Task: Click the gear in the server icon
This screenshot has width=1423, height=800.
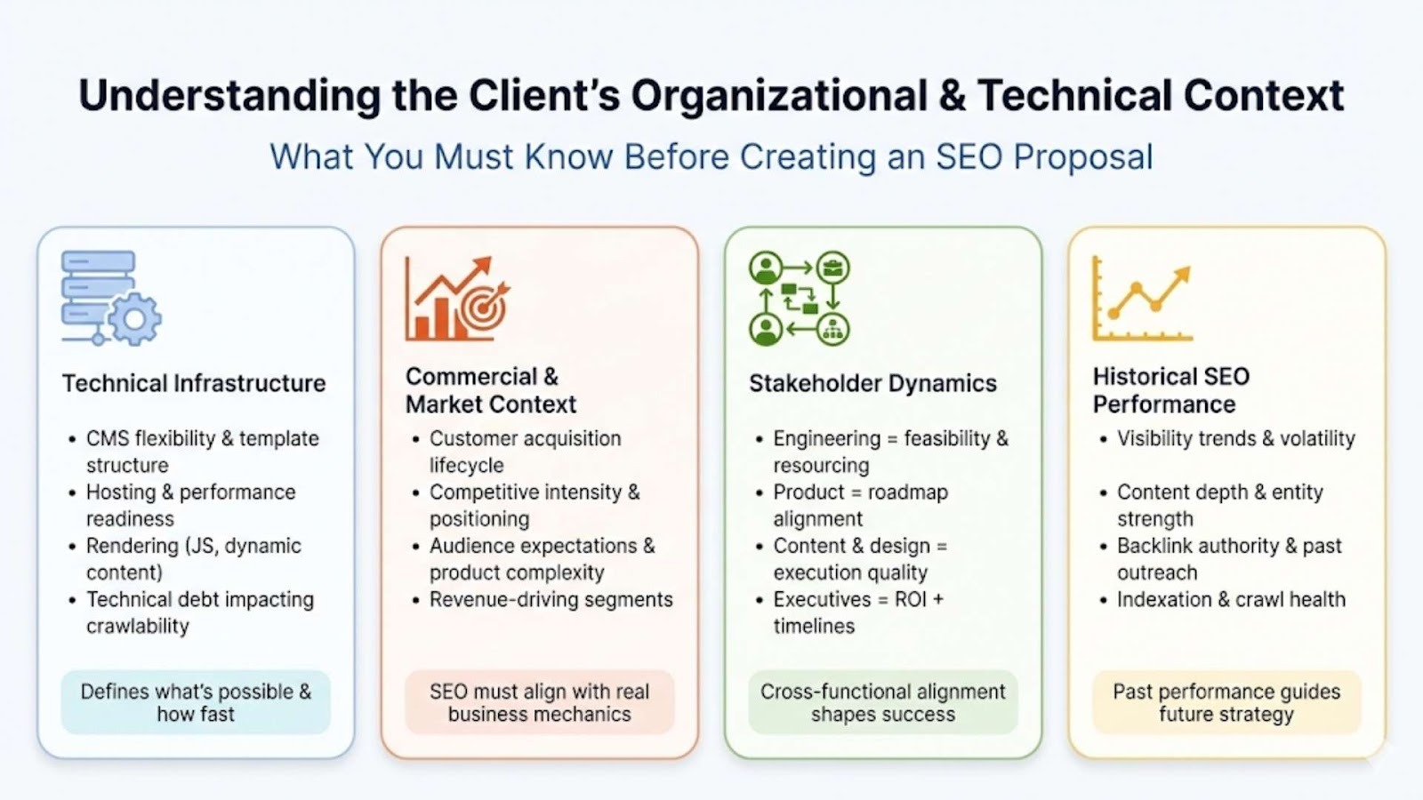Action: pos(134,319)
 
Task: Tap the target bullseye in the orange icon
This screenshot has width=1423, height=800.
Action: pos(484,309)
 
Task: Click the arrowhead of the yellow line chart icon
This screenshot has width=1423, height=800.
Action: pos(1183,274)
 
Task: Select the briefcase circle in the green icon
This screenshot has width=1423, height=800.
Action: pos(832,268)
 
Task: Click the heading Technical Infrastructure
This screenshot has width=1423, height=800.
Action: pos(194,383)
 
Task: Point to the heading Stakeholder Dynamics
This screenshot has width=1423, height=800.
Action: pos(872,383)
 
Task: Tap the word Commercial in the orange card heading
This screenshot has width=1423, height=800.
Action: pos(471,377)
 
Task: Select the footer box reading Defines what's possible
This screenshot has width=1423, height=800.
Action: pos(196,702)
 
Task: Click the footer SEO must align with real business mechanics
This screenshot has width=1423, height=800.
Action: pos(539,702)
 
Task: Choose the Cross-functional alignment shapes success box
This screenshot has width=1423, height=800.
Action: pos(883,702)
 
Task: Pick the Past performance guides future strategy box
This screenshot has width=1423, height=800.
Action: pos(1226,702)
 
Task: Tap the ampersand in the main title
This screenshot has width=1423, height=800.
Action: pos(952,96)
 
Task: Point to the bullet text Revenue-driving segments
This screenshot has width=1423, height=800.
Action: pos(551,599)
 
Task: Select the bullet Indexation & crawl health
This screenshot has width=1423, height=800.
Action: pos(1231,599)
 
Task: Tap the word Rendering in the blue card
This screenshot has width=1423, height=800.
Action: pos(133,546)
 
